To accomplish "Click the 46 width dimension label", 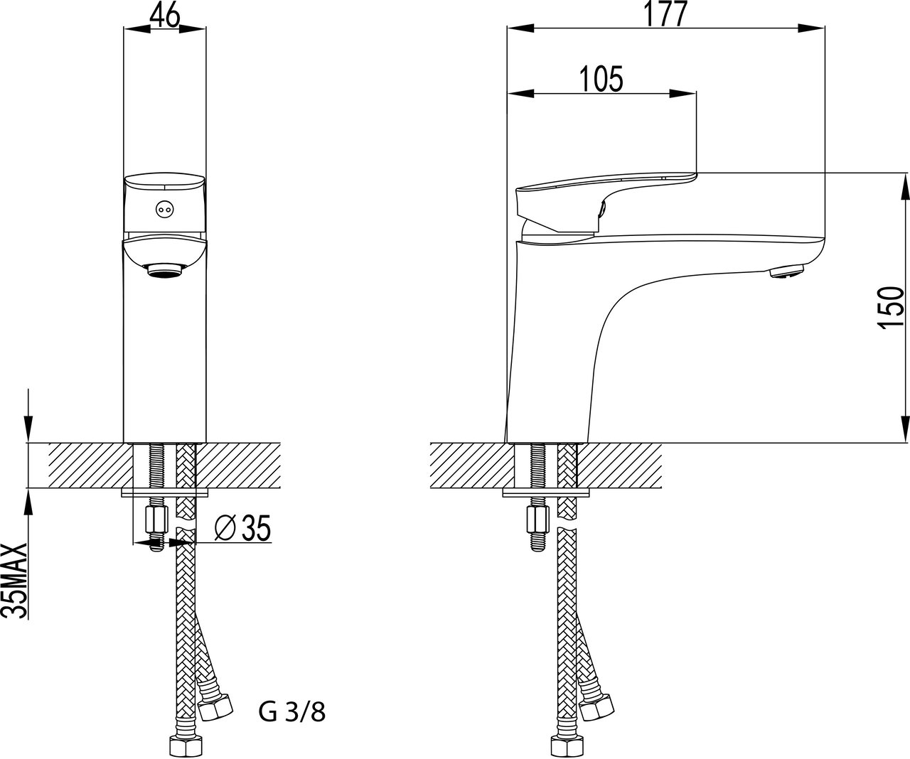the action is click(x=164, y=17).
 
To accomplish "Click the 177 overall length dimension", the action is click(x=665, y=15).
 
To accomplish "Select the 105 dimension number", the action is click(x=601, y=79).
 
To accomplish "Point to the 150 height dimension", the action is click(x=890, y=308).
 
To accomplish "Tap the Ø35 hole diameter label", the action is click(x=242, y=528).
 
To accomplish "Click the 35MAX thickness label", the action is click(x=14, y=581).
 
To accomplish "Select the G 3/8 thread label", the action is click(x=292, y=712).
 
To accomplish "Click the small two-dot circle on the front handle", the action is click(x=164, y=210).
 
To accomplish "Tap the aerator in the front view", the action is click(x=164, y=270).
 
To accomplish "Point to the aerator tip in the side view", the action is click(x=786, y=272).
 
